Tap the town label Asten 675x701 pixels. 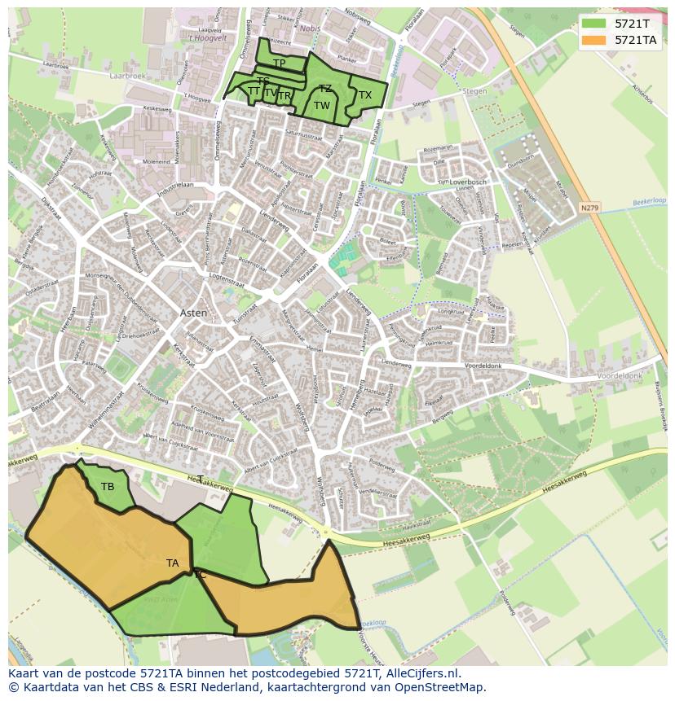click(193, 313)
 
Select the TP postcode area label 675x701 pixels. click(279, 64)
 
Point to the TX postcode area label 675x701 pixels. click(365, 95)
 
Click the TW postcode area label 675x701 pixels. click(322, 106)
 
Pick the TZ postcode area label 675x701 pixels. click(325, 89)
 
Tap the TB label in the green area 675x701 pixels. click(108, 487)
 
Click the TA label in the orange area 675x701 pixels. click(172, 563)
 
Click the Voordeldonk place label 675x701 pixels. click(620, 376)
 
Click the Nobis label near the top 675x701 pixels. click(310, 27)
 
